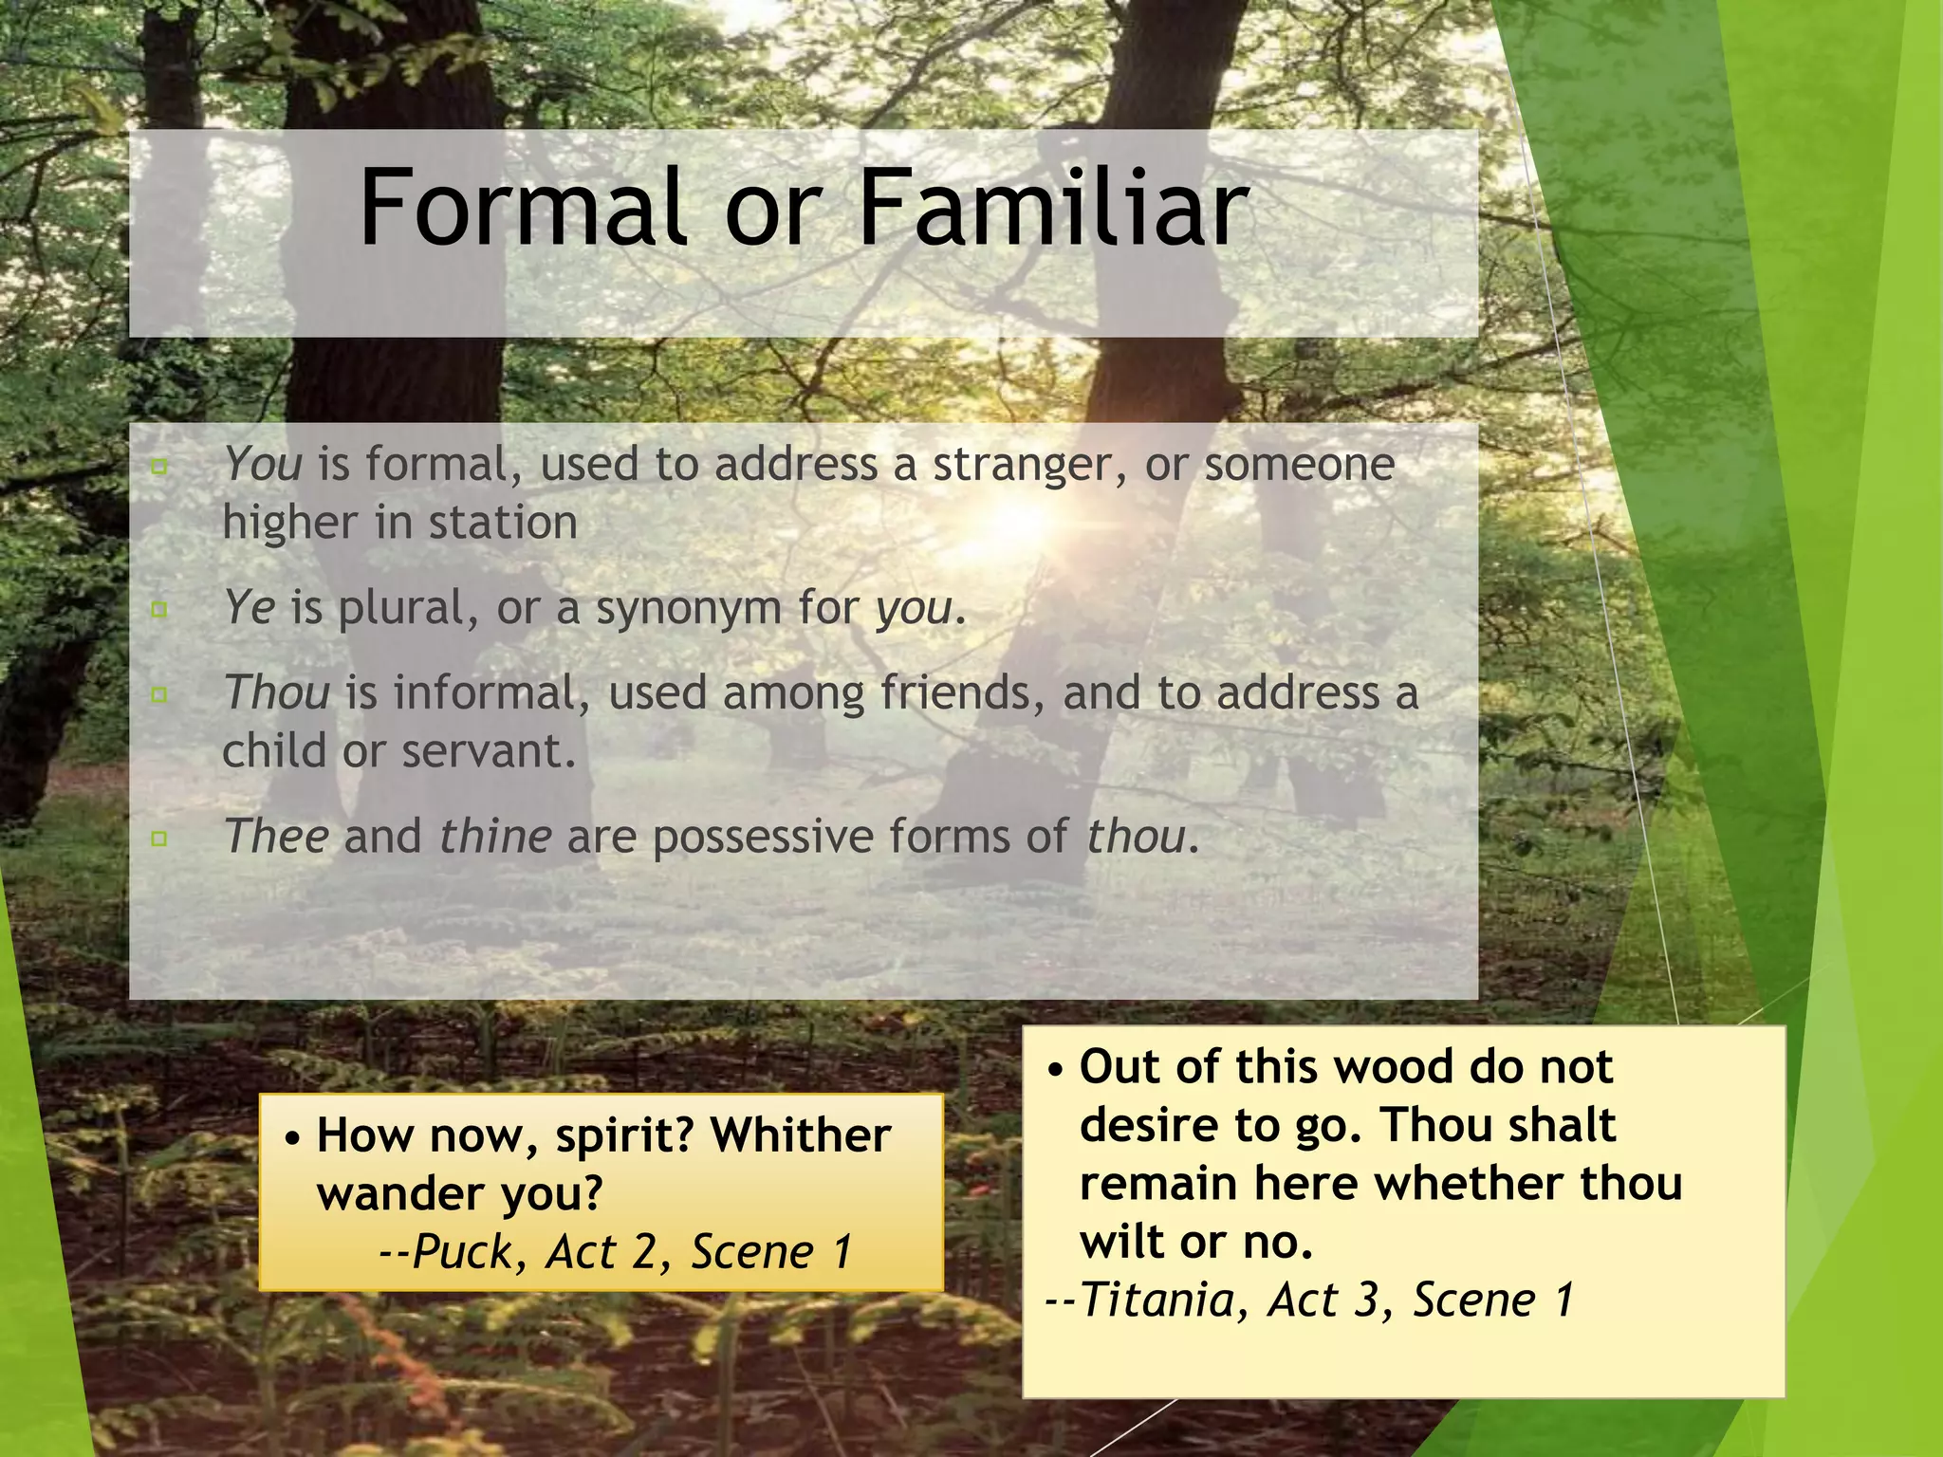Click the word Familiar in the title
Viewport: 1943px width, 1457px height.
pos(1052,208)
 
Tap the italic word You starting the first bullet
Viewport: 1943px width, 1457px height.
pos(263,465)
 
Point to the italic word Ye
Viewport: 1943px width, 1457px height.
pos(250,607)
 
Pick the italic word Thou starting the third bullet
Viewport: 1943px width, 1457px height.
pos(276,692)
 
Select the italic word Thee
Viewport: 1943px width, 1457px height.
pos(276,837)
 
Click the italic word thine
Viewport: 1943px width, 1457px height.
pos(495,837)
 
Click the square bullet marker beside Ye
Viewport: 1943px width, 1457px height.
pos(159,609)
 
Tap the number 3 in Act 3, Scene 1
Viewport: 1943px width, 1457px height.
pos(1366,1300)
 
